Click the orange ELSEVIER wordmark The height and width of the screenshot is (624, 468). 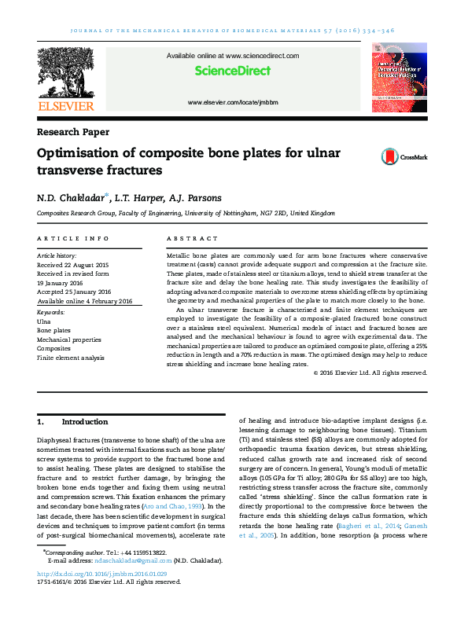coord(66,106)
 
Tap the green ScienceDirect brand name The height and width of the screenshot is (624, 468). coord(232,71)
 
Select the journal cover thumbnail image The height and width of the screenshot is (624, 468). coord(399,79)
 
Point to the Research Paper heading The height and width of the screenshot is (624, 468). coord(73,132)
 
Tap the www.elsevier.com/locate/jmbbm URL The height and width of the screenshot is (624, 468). coord(233,103)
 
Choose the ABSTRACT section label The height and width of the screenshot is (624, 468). coord(193,238)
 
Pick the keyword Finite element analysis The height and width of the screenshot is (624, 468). coord(70,358)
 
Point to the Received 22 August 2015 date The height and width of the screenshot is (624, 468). coord(73,265)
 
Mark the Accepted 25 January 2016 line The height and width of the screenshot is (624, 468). coord(74,292)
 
